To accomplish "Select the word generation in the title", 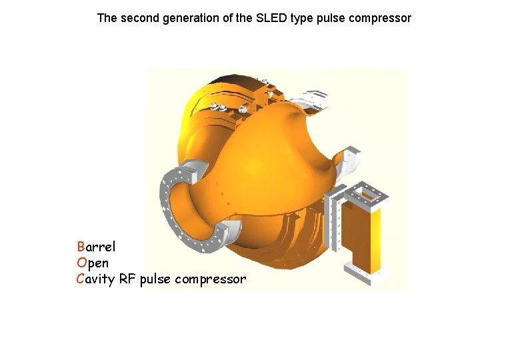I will pos(191,18).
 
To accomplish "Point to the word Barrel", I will pos(96,247).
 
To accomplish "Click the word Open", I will pos(93,263).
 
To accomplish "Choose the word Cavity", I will pos(96,279).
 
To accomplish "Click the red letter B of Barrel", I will pos(81,247).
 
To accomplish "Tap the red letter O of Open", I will pos(81,263).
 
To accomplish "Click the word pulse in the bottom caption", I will pos(155,279).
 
